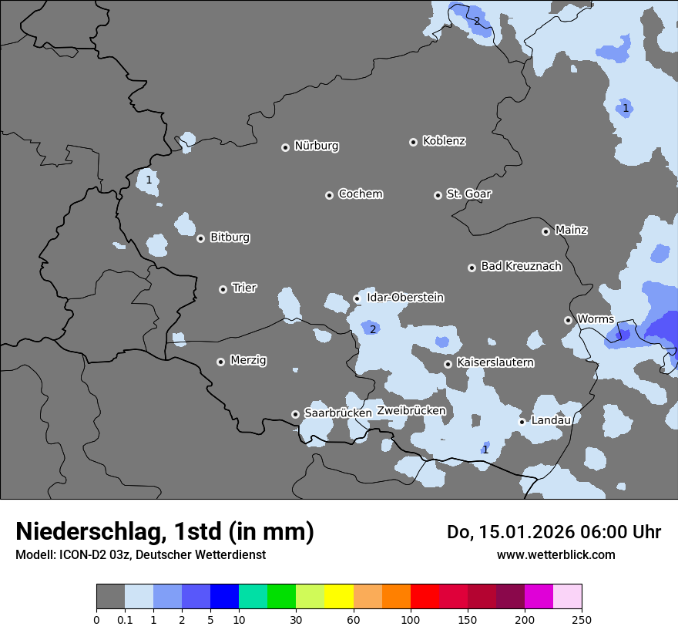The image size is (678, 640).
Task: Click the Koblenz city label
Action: [x=444, y=141]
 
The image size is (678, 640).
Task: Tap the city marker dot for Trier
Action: [x=223, y=289]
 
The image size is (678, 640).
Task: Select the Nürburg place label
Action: [x=316, y=146]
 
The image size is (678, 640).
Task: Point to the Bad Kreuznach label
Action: [x=521, y=266]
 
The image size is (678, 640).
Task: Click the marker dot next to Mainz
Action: [x=545, y=231]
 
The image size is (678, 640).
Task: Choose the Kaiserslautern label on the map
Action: [x=495, y=362]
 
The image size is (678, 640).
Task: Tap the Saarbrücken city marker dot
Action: [x=295, y=414]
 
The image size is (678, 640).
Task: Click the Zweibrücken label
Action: [x=411, y=411]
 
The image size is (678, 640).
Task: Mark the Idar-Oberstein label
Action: [x=404, y=298]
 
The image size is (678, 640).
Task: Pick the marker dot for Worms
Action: [x=568, y=320]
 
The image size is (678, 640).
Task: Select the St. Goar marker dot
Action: [x=438, y=195]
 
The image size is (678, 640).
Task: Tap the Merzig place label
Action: [x=248, y=360]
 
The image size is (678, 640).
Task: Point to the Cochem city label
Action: [x=360, y=194]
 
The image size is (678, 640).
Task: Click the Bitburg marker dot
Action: [x=200, y=238]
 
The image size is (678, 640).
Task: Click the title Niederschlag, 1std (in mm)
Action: [x=164, y=532]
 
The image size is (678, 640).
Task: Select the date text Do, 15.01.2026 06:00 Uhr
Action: [x=554, y=532]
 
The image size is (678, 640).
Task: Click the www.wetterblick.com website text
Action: [x=555, y=554]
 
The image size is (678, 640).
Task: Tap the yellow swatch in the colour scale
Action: [x=339, y=597]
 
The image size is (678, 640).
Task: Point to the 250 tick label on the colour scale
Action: [x=582, y=619]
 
